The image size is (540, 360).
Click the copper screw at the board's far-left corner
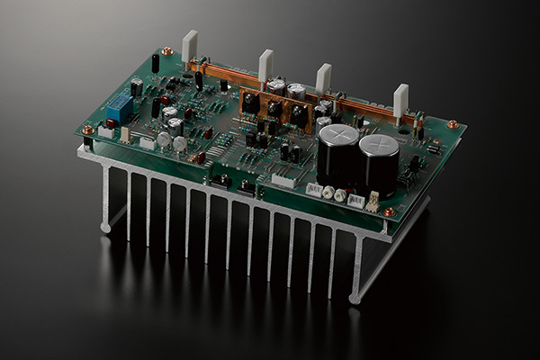tap(87, 130)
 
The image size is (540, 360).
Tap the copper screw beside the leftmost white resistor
tap(167, 52)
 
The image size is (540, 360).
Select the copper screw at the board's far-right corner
tap(453, 123)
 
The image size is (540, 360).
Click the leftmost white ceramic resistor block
tap(189, 49)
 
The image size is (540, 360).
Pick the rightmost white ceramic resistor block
tap(400, 101)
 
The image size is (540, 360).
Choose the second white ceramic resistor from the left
tap(265, 65)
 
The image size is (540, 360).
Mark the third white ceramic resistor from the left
tap(323, 78)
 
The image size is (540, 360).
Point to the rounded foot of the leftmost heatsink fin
tap(106, 226)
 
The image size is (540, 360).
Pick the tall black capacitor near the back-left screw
tap(156, 63)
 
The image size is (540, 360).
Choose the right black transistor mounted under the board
tap(247, 188)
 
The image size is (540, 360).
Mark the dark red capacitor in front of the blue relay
tap(112, 124)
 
